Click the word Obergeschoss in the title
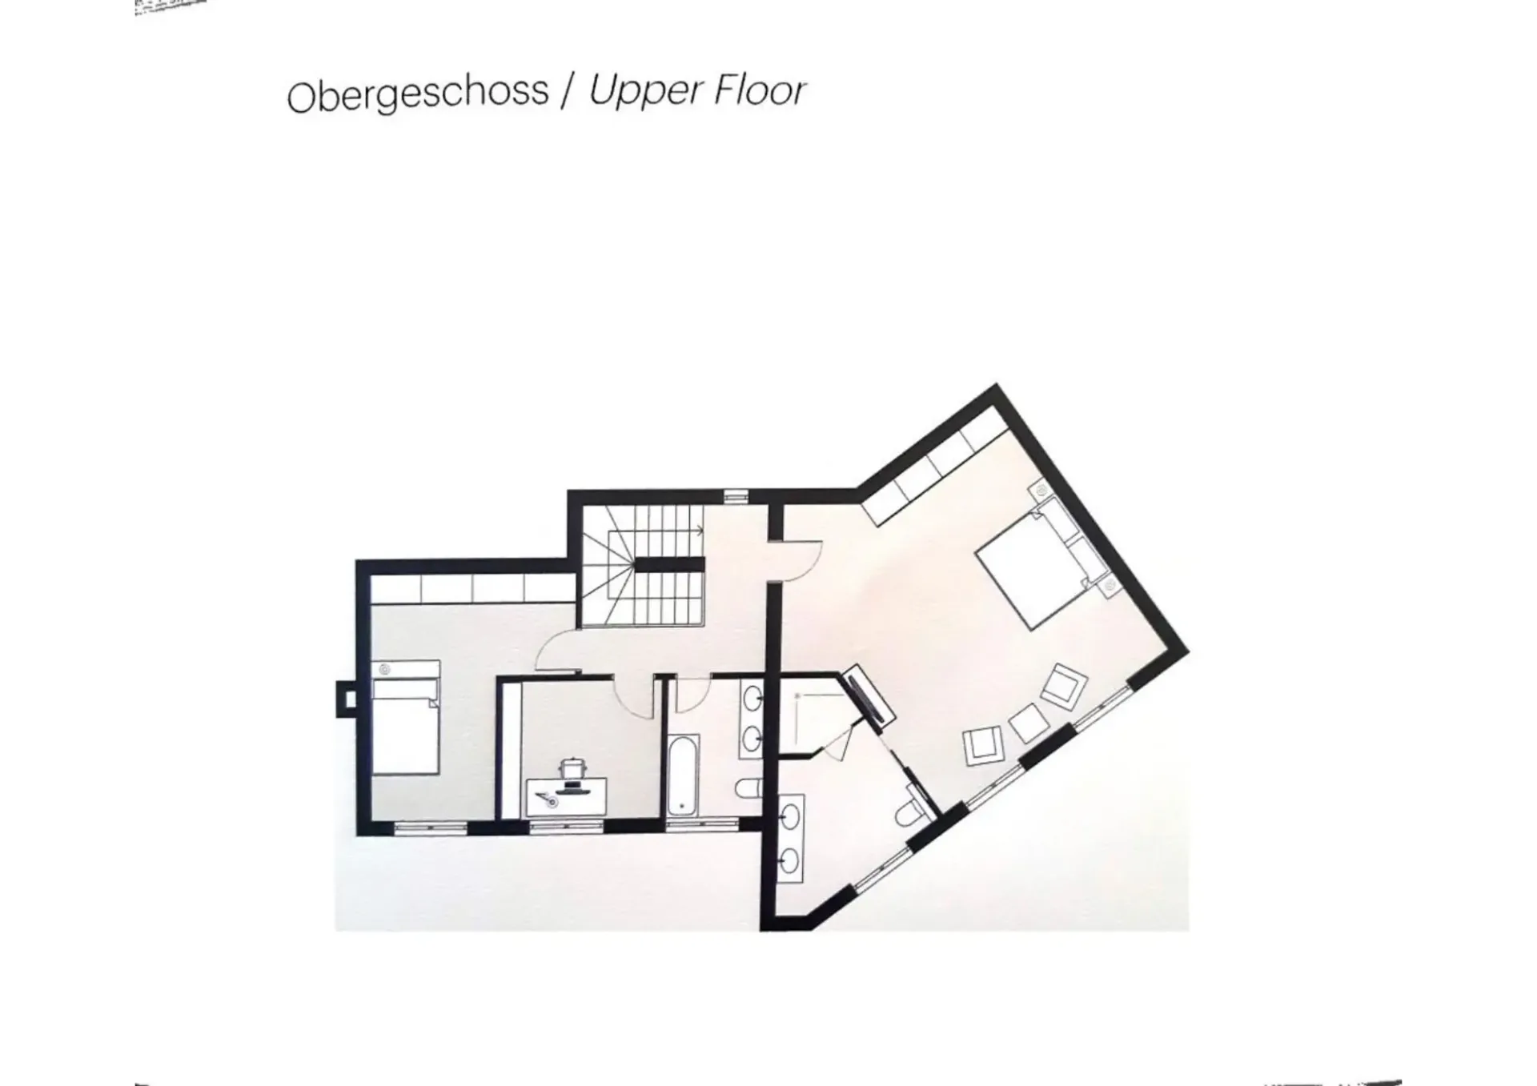point(418,94)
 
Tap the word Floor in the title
point(760,90)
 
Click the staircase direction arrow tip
point(702,529)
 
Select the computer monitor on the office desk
point(572,787)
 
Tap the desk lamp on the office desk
point(547,799)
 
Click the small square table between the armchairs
point(1029,723)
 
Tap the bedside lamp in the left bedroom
point(384,667)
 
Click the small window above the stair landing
point(735,495)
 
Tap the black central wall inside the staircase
point(669,565)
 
